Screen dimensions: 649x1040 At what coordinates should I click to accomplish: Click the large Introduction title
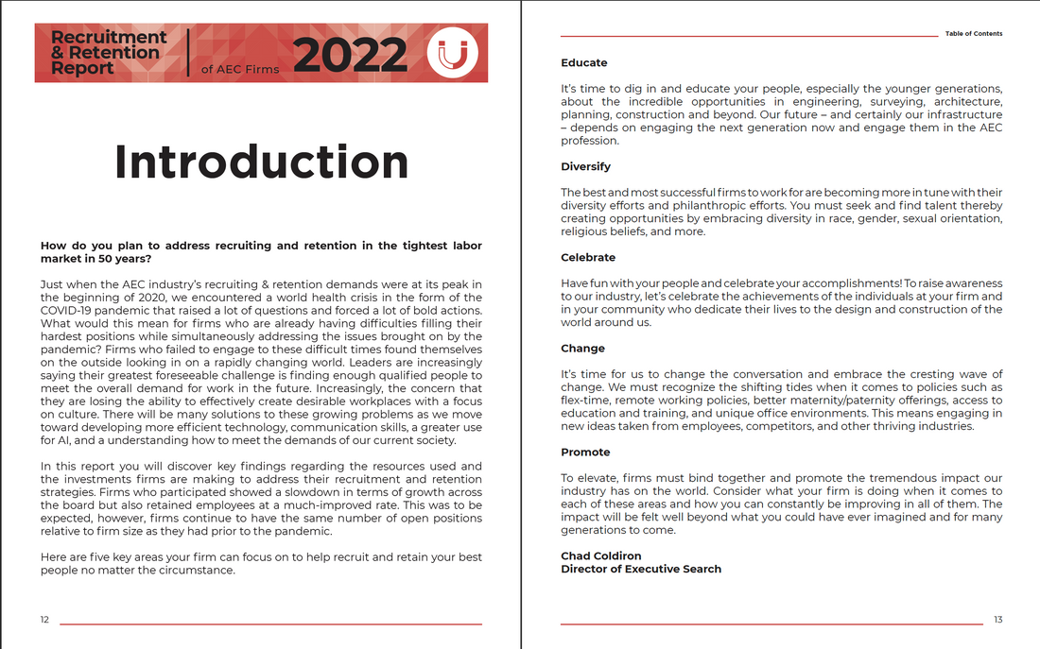(261, 162)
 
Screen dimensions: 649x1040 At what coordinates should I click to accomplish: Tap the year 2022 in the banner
(350, 55)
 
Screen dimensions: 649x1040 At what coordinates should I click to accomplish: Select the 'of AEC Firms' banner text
(240, 69)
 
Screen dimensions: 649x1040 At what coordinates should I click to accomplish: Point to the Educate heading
(583, 63)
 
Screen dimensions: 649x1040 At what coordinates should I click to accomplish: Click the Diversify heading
(585, 167)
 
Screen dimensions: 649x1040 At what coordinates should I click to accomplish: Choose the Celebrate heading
(587, 258)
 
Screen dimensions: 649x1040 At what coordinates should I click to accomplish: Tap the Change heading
(582, 349)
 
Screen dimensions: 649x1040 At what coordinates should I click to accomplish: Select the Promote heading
(585, 453)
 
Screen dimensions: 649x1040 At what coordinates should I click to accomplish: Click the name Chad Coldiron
(601, 556)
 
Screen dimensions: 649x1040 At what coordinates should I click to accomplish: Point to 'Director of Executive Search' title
(640, 570)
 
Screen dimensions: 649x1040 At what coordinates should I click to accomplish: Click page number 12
(44, 620)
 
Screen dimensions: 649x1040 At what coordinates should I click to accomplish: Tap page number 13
(997, 620)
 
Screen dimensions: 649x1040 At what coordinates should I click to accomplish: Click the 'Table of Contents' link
(973, 34)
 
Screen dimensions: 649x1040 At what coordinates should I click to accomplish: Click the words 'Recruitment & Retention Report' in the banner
(108, 53)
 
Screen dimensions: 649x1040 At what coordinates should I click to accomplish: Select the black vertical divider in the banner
(187, 53)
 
